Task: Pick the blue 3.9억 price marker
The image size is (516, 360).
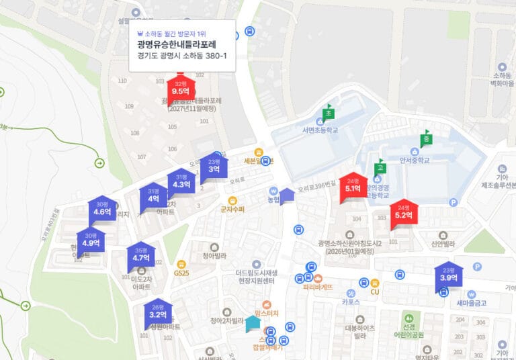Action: tap(448, 275)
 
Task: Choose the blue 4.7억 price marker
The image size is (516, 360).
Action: tap(141, 255)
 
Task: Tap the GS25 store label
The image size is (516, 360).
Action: tap(181, 273)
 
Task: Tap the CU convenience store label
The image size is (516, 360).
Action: tap(375, 291)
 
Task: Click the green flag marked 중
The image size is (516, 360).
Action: tap(425, 139)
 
